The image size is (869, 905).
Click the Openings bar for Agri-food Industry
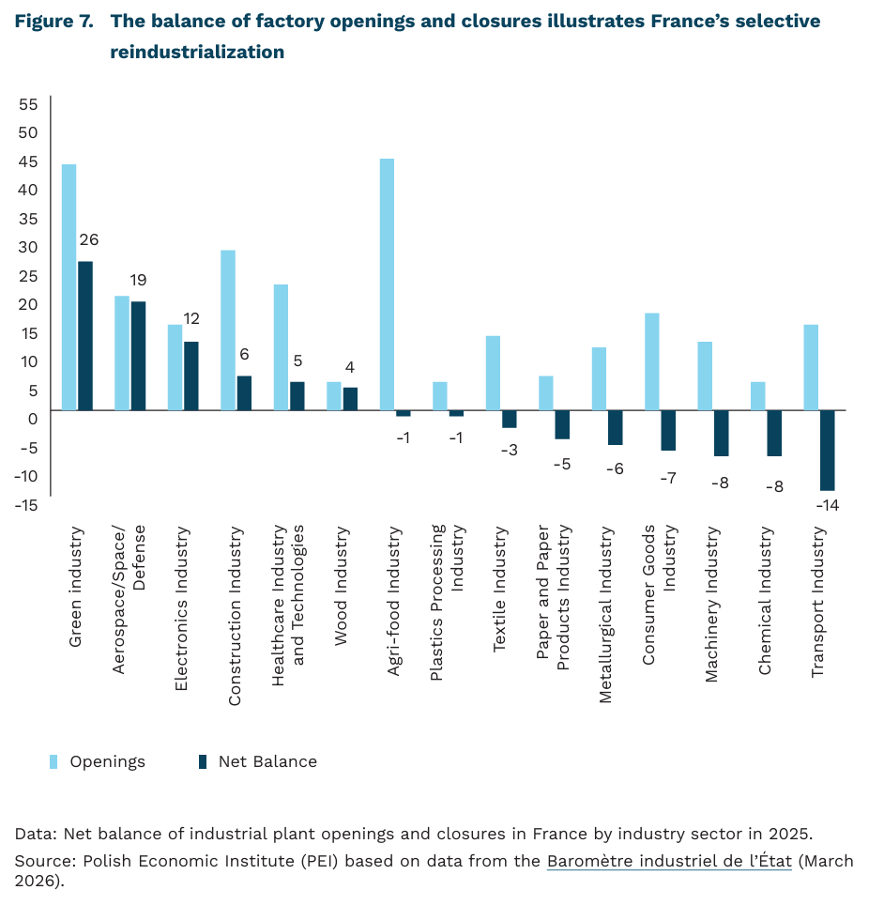[x=387, y=284]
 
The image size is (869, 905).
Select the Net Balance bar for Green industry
[x=85, y=335]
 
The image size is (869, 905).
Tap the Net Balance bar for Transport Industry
[x=827, y=450]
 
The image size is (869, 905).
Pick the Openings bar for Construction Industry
[x=228, y=330]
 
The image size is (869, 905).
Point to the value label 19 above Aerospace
[x=138, y=280]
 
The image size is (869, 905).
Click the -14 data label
[x=827, y=506]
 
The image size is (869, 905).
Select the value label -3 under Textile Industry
[x=509, y=450]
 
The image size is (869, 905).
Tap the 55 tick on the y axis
[x=28, y=103]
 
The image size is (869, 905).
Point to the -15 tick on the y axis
[x=26, y=504]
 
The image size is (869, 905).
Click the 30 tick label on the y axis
[x=28, y=247]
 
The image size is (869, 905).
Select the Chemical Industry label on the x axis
[x=765, y=602]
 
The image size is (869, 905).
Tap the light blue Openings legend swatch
[x=54, y=761]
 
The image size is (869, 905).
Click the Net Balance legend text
[x=267, y=761]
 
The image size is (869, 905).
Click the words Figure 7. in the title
[x=54, y=22]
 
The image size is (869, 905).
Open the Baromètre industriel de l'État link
[x=669, y=861]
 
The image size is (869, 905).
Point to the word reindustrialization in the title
[x=197, y=53]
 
